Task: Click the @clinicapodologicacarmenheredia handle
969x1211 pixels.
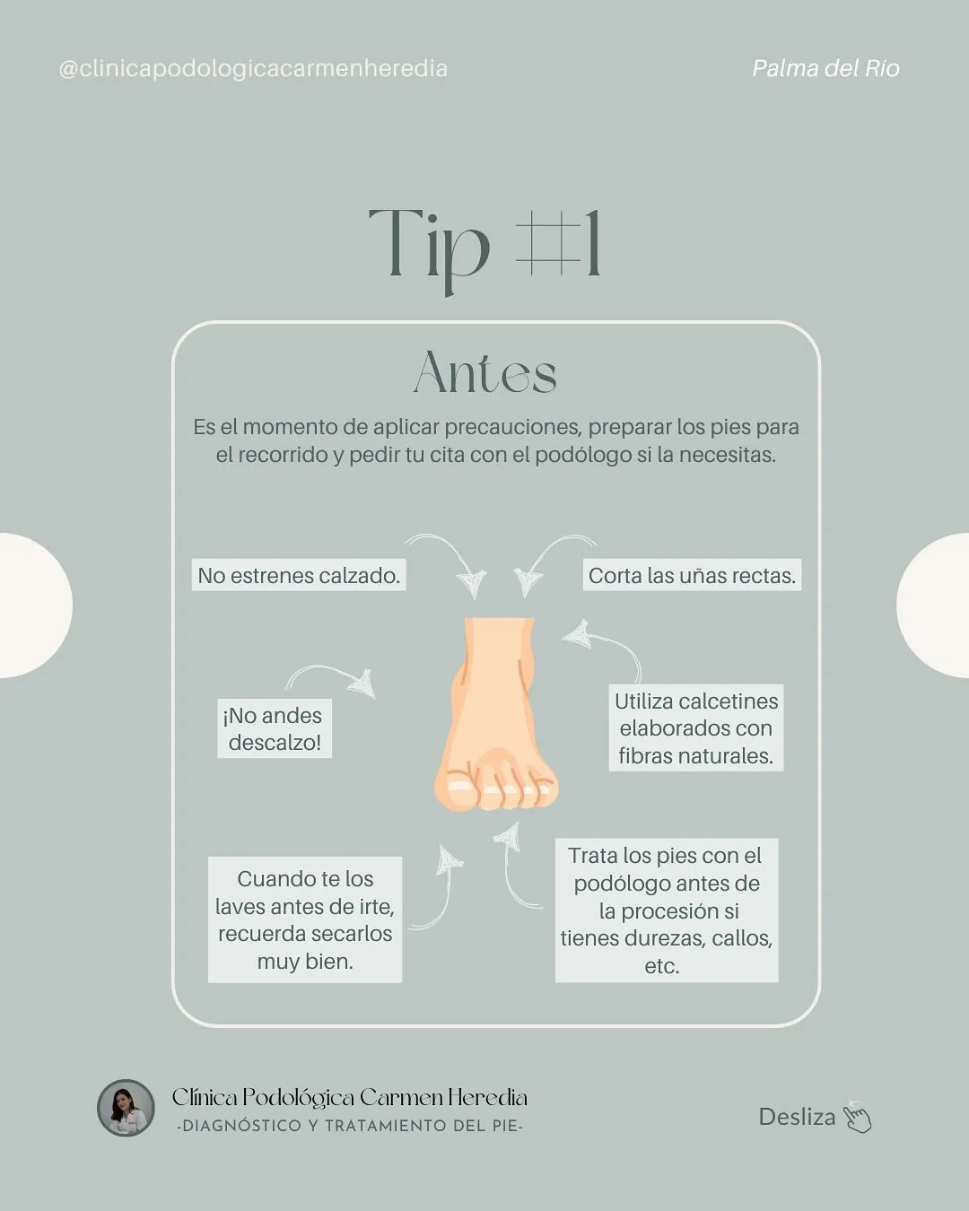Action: (253, 69)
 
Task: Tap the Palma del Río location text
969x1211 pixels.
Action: (826, 69)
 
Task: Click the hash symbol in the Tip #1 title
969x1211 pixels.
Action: (549, 242)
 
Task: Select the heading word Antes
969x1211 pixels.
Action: (485, 372)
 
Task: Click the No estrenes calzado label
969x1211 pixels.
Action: (299, 575)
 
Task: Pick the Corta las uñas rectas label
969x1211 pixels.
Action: (692, 575)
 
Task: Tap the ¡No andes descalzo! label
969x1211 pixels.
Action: (275, 728)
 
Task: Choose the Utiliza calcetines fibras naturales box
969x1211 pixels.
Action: (696, 728)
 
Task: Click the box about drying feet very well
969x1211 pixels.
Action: (305, 919)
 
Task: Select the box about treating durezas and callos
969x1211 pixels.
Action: (667, 910)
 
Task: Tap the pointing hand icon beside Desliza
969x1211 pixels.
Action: (857, 1117)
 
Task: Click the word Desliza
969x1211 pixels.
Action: (798, 1117)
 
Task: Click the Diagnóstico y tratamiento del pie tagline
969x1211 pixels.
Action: (350, 1126)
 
